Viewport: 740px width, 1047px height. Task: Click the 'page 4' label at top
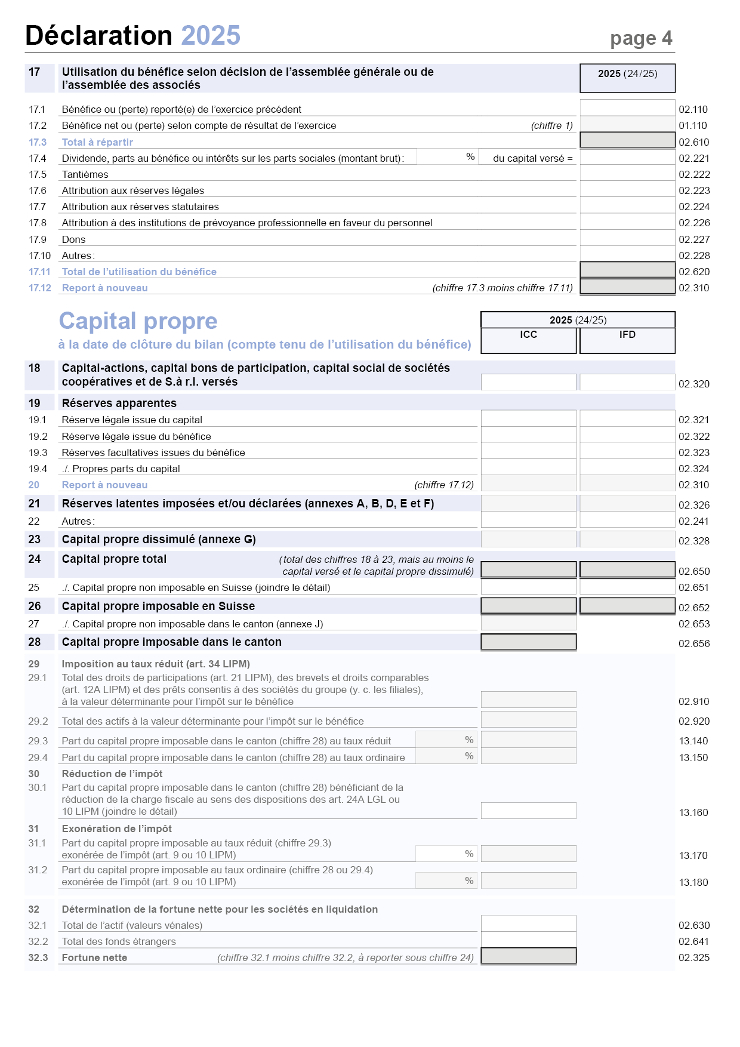(641, 38)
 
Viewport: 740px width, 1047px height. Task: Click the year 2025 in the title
(211, 35)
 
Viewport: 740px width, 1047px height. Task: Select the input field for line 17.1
(627, 108)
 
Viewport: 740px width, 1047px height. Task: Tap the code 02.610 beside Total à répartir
(693, 142)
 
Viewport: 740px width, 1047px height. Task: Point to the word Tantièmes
(85, 174)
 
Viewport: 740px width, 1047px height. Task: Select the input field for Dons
(627, 238)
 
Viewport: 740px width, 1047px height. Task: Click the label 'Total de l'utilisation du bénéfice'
(139, 272)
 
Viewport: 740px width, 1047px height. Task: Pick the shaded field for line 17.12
(627, 287)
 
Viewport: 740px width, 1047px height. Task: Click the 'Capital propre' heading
(138, 321)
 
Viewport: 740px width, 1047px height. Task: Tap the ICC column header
(528, 335)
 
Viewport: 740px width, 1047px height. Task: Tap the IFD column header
(627, 335)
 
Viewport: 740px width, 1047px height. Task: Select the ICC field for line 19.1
(528, 418)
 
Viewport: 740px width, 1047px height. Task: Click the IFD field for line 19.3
(627, 451)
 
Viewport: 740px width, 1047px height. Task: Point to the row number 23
(35, 540)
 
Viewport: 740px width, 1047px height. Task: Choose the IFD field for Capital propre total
(627, 569)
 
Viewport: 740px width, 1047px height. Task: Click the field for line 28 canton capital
(528, 642)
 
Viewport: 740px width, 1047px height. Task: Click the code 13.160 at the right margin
(693, 812)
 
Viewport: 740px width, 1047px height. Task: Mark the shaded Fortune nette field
(528, 956)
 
